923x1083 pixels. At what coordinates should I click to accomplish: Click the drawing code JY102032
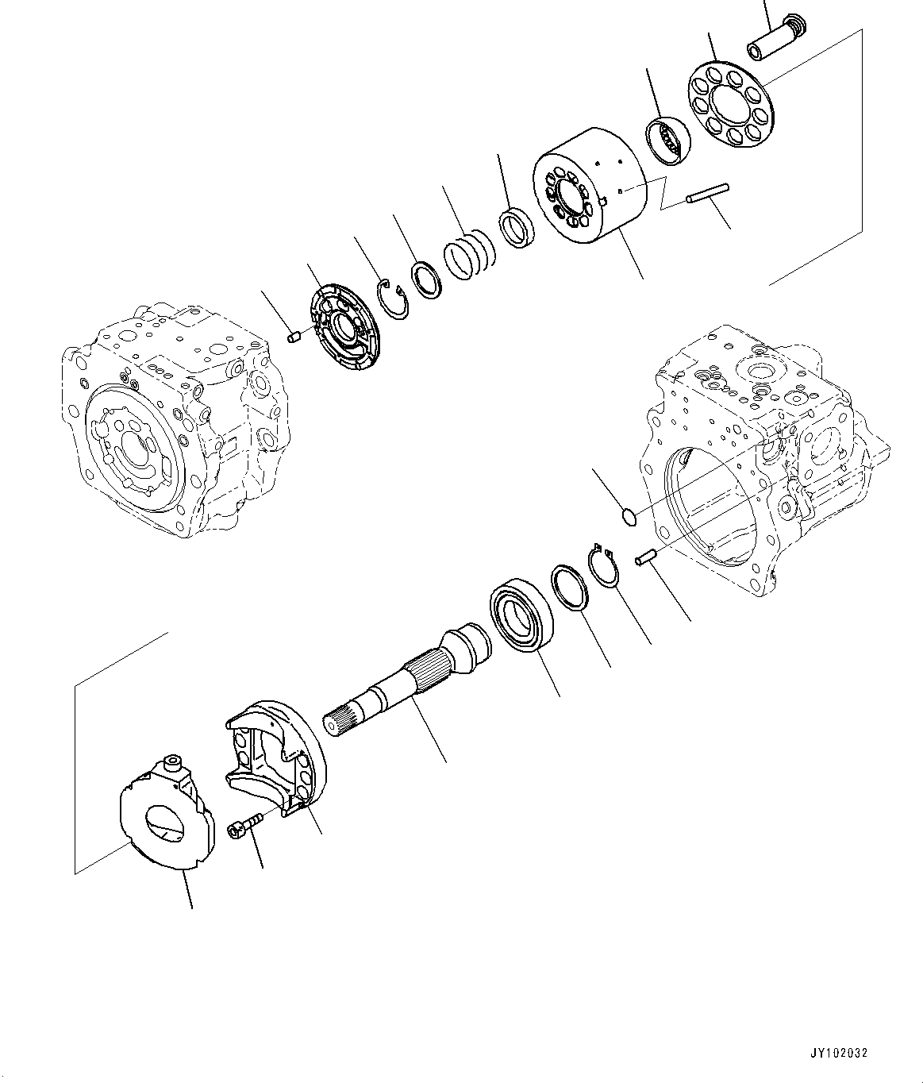(x=840, y=1053)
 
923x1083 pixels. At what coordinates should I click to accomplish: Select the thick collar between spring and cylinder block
(x=517, y=228)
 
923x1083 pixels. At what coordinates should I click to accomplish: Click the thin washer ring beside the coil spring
(x=426, y=279)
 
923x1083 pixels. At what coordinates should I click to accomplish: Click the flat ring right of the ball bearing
(x=570, y=588)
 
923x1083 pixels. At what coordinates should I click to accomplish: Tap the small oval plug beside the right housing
(x=629, y=518)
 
